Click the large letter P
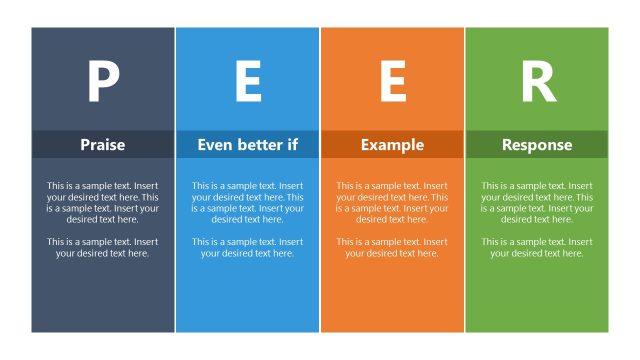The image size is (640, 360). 103,82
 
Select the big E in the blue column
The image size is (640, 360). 248,82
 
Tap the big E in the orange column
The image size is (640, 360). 393,82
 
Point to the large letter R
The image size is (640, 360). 538,82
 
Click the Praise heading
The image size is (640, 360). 103,145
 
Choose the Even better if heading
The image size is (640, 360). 248,145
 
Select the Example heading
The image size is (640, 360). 392,145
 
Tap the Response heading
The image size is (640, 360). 537,145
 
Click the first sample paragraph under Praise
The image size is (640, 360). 103,202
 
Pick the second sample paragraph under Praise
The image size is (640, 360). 103,247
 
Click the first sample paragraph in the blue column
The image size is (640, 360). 248,202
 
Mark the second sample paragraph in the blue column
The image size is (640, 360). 248,247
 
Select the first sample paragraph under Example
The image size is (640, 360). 392,202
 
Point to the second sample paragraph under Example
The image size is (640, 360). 392,247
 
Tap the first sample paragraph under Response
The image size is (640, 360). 537,202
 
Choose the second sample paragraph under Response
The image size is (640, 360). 537,247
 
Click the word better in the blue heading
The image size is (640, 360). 260,145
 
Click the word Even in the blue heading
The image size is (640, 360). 215,145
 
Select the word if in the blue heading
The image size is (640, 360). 292,145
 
